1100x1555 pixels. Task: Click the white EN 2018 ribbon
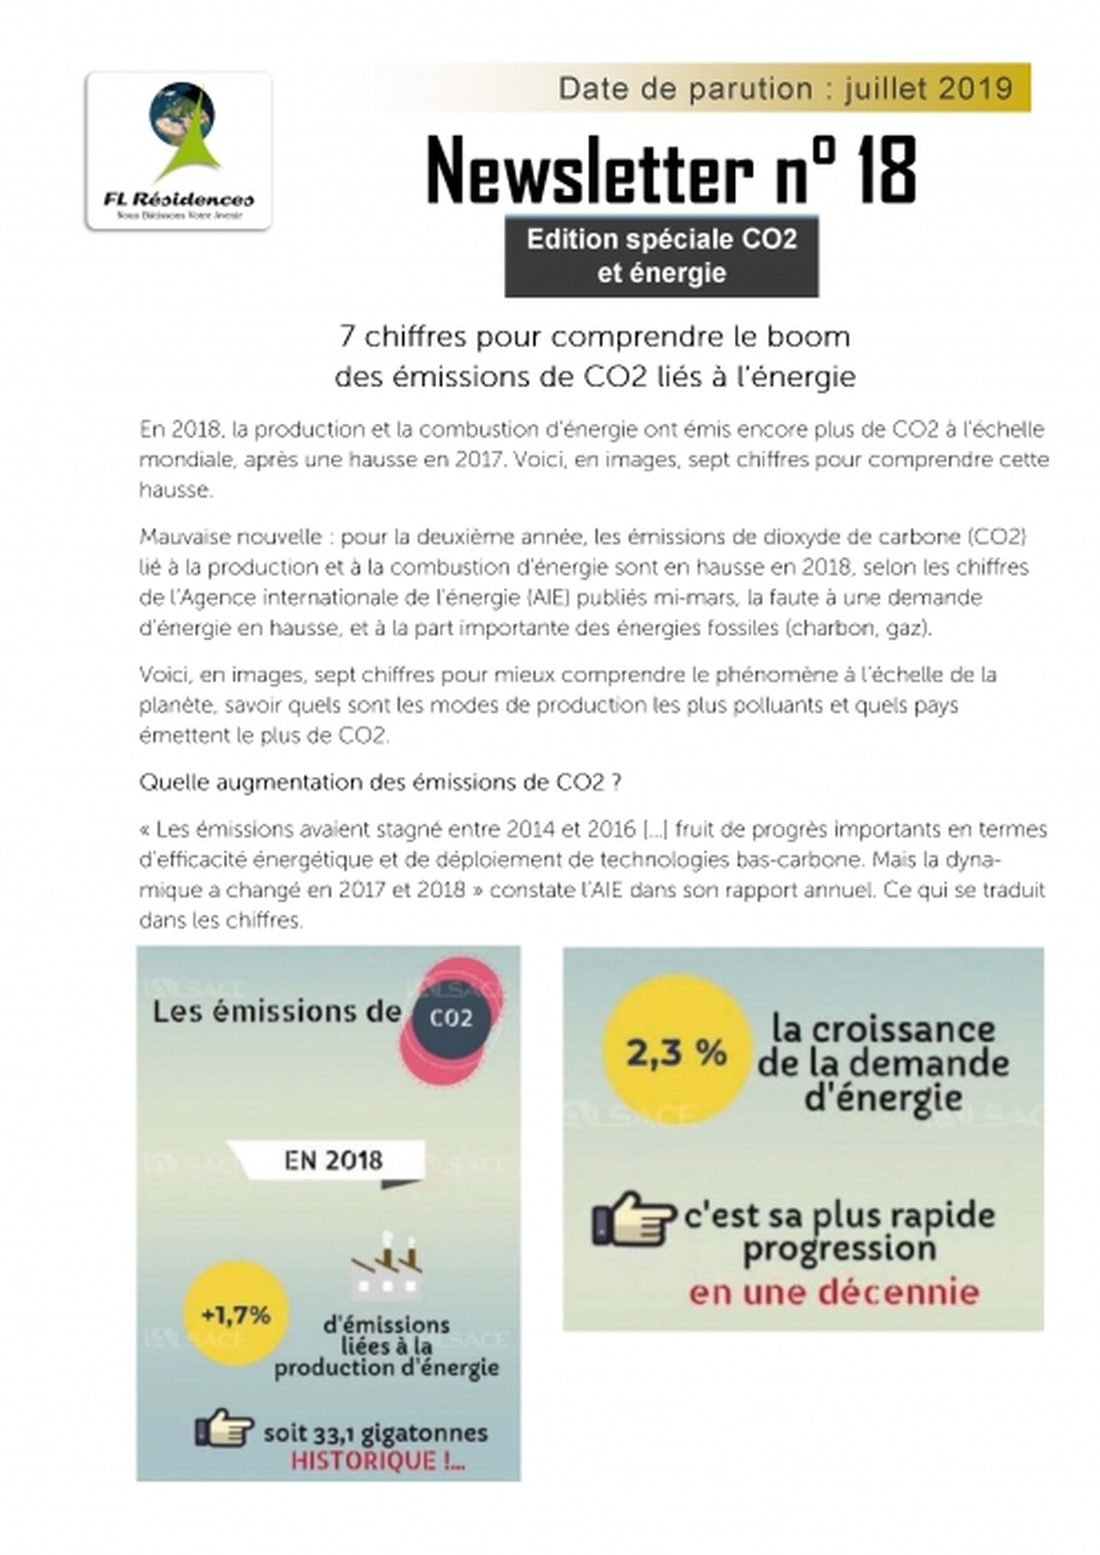point(332,1160)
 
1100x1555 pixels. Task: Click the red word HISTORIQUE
point(377,1461)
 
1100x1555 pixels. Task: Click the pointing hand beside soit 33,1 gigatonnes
point(224,1427)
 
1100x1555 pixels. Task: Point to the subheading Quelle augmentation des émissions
point(380,783)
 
